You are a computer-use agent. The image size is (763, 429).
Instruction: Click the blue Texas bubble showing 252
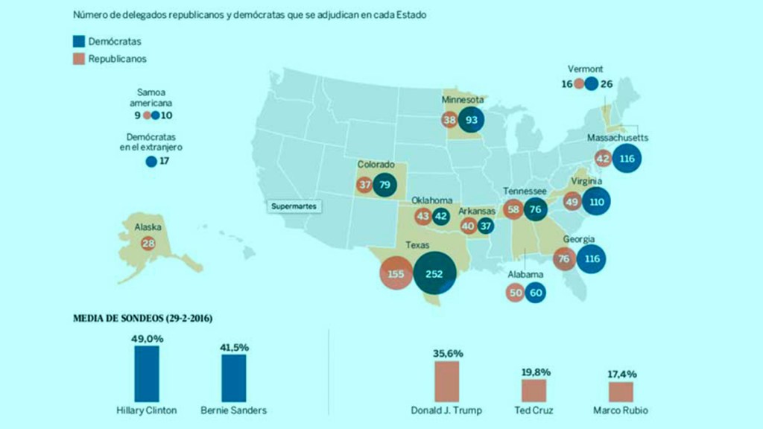[x=434, y=273]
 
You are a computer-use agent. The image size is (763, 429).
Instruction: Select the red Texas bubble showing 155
[x=396, y=273]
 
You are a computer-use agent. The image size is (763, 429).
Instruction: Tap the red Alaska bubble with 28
[x=148, y=244]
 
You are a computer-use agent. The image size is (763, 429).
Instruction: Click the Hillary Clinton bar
[x=147, y=374]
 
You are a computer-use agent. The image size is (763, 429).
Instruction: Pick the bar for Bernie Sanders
[x=233, y=378]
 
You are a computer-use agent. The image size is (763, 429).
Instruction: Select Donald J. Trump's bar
[x=447, y=382]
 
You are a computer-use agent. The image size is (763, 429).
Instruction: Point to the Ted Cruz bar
[x=534, y=391]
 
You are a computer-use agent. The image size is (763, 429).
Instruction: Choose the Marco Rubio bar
[x=621, y=392]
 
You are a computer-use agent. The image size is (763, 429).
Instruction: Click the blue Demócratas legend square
[x=79, y=42]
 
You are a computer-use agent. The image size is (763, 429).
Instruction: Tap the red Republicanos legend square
[x=79, y=59]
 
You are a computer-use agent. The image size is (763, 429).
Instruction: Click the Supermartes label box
[x=294, y=206]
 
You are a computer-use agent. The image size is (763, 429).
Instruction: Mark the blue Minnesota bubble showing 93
[x=471, y=119]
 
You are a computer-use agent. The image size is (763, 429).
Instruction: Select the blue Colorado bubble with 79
[x=384, y=185]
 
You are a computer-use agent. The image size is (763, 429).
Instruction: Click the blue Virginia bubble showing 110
[x=597, y=201]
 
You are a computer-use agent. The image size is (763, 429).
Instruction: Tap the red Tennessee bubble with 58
[x=513, y=209]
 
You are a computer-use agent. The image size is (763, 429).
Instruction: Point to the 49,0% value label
[x=147, y=339]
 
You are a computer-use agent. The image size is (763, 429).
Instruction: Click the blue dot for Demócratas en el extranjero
[x=151, y=161]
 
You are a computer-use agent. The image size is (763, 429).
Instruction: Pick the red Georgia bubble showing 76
[x=564, y=258]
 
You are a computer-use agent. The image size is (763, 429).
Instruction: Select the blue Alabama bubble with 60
[x=535, y=293]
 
